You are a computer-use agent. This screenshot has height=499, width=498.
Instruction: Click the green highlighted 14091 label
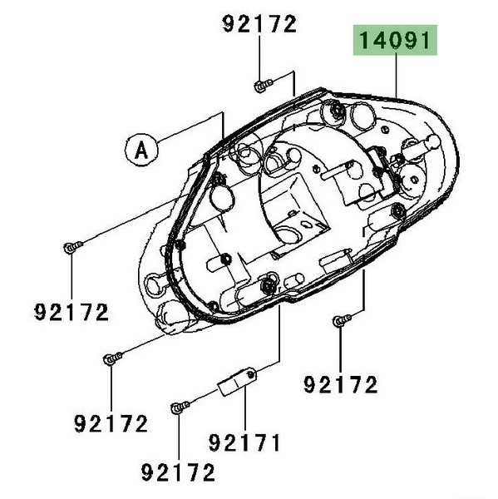click(395, 40)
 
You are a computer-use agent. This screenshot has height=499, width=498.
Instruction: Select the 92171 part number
click(244, 442)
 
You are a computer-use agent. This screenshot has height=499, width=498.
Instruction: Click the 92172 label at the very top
click(259, 24)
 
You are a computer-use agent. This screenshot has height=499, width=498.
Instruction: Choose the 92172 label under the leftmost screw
click(71, 312)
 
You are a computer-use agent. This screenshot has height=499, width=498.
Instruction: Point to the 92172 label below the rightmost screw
click(341, 384)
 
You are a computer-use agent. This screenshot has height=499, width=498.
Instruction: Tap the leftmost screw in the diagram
click(73, 247)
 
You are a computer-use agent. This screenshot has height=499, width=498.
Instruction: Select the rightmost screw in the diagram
click(342, 320)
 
